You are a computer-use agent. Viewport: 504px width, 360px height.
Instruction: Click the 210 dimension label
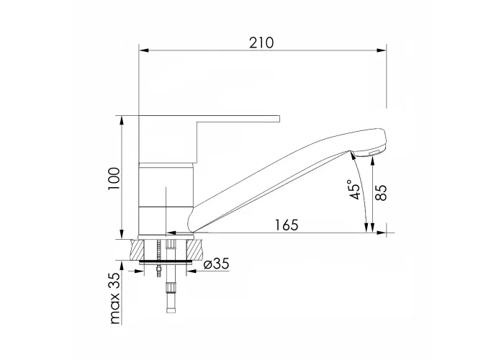(x=261, y=42)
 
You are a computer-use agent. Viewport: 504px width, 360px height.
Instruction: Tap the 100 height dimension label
(x=114, y=179)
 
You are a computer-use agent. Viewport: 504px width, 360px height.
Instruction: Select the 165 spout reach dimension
(x=287, y=225)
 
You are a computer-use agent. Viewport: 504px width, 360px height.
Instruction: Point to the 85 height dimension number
(x=381, y=192)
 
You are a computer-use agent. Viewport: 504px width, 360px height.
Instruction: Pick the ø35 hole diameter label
(x=217, y=264)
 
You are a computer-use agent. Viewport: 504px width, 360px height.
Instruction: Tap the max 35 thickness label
(x=114, y=297)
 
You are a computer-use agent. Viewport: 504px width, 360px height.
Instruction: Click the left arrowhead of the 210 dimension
(x=143, y=50)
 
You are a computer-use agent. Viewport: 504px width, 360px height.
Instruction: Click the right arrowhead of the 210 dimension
(x=382, y=50)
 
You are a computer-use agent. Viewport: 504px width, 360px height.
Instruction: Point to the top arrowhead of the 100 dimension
(x=122, y=120)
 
